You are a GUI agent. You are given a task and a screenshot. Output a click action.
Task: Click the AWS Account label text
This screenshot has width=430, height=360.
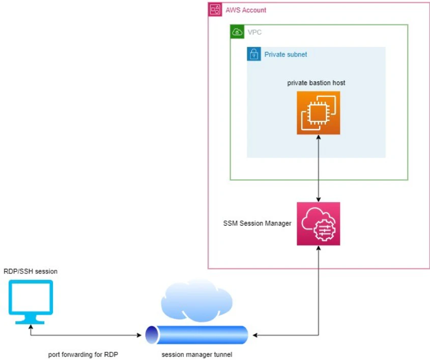tap(246, 10)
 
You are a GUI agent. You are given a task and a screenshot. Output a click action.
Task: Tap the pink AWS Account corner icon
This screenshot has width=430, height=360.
tap(215, 10)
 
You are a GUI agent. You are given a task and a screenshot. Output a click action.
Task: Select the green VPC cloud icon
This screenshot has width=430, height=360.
tap(237, 32)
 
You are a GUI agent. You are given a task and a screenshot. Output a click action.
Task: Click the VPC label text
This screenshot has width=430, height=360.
tap(254, 33)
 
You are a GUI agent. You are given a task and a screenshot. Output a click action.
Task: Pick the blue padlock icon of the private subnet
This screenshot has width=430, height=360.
tap(254, 54)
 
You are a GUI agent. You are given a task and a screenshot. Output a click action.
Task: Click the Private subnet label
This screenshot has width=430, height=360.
tap(285, 54)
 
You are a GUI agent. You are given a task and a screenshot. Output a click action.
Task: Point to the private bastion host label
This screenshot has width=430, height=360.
tap(316, 83)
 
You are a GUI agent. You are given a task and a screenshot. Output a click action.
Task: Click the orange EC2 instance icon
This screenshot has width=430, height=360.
tap(319, 113)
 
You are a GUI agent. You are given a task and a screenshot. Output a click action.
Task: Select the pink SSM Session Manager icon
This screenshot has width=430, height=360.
tap(319, 224)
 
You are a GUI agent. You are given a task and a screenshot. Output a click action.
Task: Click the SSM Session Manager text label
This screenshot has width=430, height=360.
tap(257, 224)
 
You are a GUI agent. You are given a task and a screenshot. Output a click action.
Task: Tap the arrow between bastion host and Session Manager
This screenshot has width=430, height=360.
tap(319, 168)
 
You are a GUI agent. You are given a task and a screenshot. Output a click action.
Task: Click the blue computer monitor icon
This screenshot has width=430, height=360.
tap(31, 302)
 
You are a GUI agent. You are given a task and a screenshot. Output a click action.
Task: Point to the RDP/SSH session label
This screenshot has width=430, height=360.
tap(31, 271)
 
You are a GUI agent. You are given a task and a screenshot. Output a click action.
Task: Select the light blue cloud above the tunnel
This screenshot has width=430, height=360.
tap(196, 300)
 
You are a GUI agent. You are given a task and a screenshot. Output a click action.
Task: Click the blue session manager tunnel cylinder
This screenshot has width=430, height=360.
tap(196, 335)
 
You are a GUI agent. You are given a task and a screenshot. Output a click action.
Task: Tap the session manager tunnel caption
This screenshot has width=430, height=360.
tap(196, 354)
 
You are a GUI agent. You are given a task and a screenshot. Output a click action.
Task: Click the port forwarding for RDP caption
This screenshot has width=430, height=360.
tap(83, 354)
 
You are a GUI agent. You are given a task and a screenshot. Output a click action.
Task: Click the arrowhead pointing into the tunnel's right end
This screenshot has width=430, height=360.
tap(255, 335)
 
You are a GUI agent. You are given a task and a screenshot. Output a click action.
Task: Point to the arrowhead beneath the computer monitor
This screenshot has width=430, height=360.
tap(31, 327)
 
